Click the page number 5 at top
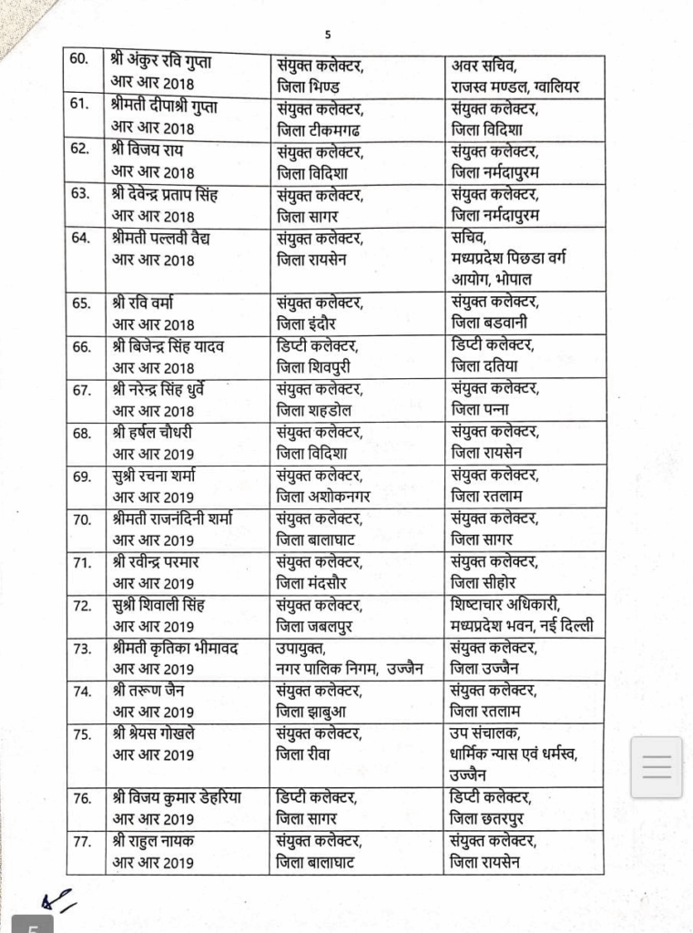coord(328,36)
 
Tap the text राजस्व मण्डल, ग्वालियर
coord(515,87)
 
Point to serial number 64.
coord(81,239)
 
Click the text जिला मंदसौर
coord(319,584)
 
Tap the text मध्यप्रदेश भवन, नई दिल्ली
coord(522,627)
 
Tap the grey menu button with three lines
coord(657,767)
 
